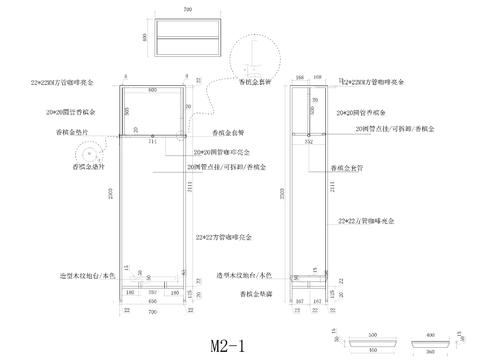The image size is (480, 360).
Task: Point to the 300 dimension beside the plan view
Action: click(x=145, y=37)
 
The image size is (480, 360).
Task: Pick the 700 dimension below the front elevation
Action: click(x=153, y=313)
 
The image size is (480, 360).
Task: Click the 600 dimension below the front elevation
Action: click(x=153, y=300)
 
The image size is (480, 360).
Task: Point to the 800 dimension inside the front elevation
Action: click(x=153, y=90)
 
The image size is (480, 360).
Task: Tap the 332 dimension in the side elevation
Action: click(x=309, y=142)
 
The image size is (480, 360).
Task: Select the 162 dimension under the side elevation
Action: click(x=317, y=299)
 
